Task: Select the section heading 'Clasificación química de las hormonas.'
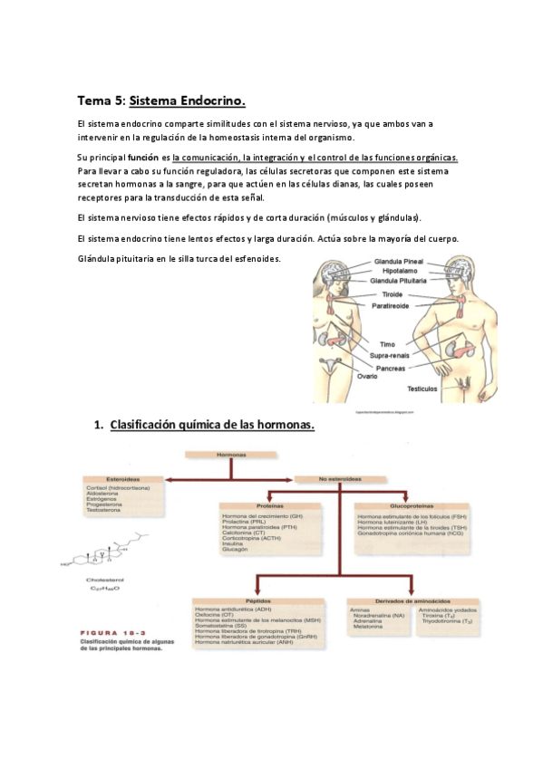(212, 424)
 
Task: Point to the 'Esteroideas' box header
(122, 479)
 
